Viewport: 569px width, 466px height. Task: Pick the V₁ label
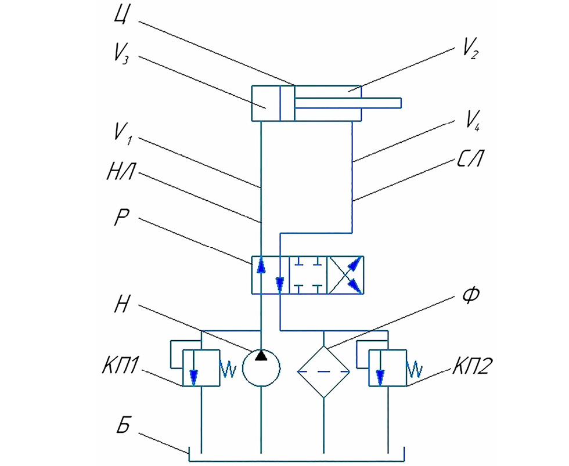coord(123,133)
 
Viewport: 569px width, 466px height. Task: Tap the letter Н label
coord(121,303)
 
